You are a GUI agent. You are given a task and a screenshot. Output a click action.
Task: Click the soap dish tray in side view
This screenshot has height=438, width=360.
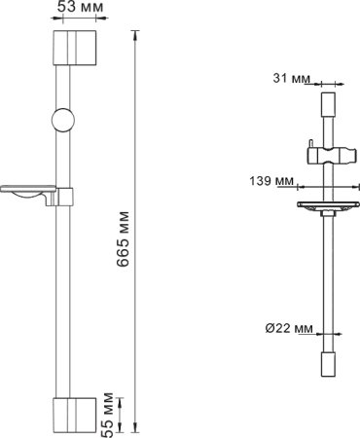327,206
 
